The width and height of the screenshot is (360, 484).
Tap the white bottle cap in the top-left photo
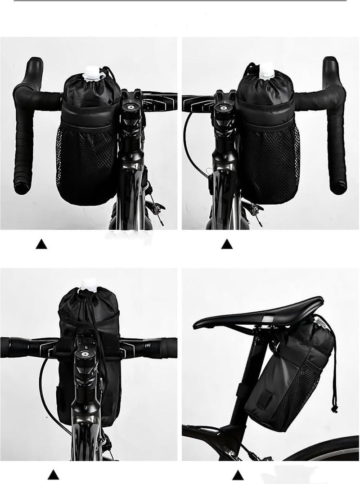pos(93,72)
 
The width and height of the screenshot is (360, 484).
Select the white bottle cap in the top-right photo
pos(266,70)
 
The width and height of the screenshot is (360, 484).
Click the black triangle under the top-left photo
pos(41,244)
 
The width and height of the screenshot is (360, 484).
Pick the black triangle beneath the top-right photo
pos(227,244)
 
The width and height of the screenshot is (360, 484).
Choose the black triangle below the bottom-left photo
pos(54,474)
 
